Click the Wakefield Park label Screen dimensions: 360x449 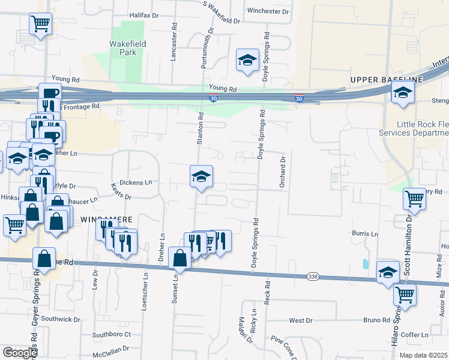(122, 48)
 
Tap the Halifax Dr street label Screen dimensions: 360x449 (146, 16)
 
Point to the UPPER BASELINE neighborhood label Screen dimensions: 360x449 (388, 80)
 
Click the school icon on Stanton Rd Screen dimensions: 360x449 (202, 176)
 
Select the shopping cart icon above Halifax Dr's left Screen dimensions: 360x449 (41, 24)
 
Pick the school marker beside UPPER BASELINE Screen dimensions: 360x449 (403, 92)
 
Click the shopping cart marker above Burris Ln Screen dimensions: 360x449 (415, 199)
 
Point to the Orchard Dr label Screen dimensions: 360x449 (282, 173)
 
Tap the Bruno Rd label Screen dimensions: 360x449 (376, 320)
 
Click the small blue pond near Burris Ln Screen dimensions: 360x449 (365, 263)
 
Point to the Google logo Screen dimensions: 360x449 (20, 353)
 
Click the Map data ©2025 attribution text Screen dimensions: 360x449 (423, 355)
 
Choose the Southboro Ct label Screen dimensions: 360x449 (111, 334)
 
